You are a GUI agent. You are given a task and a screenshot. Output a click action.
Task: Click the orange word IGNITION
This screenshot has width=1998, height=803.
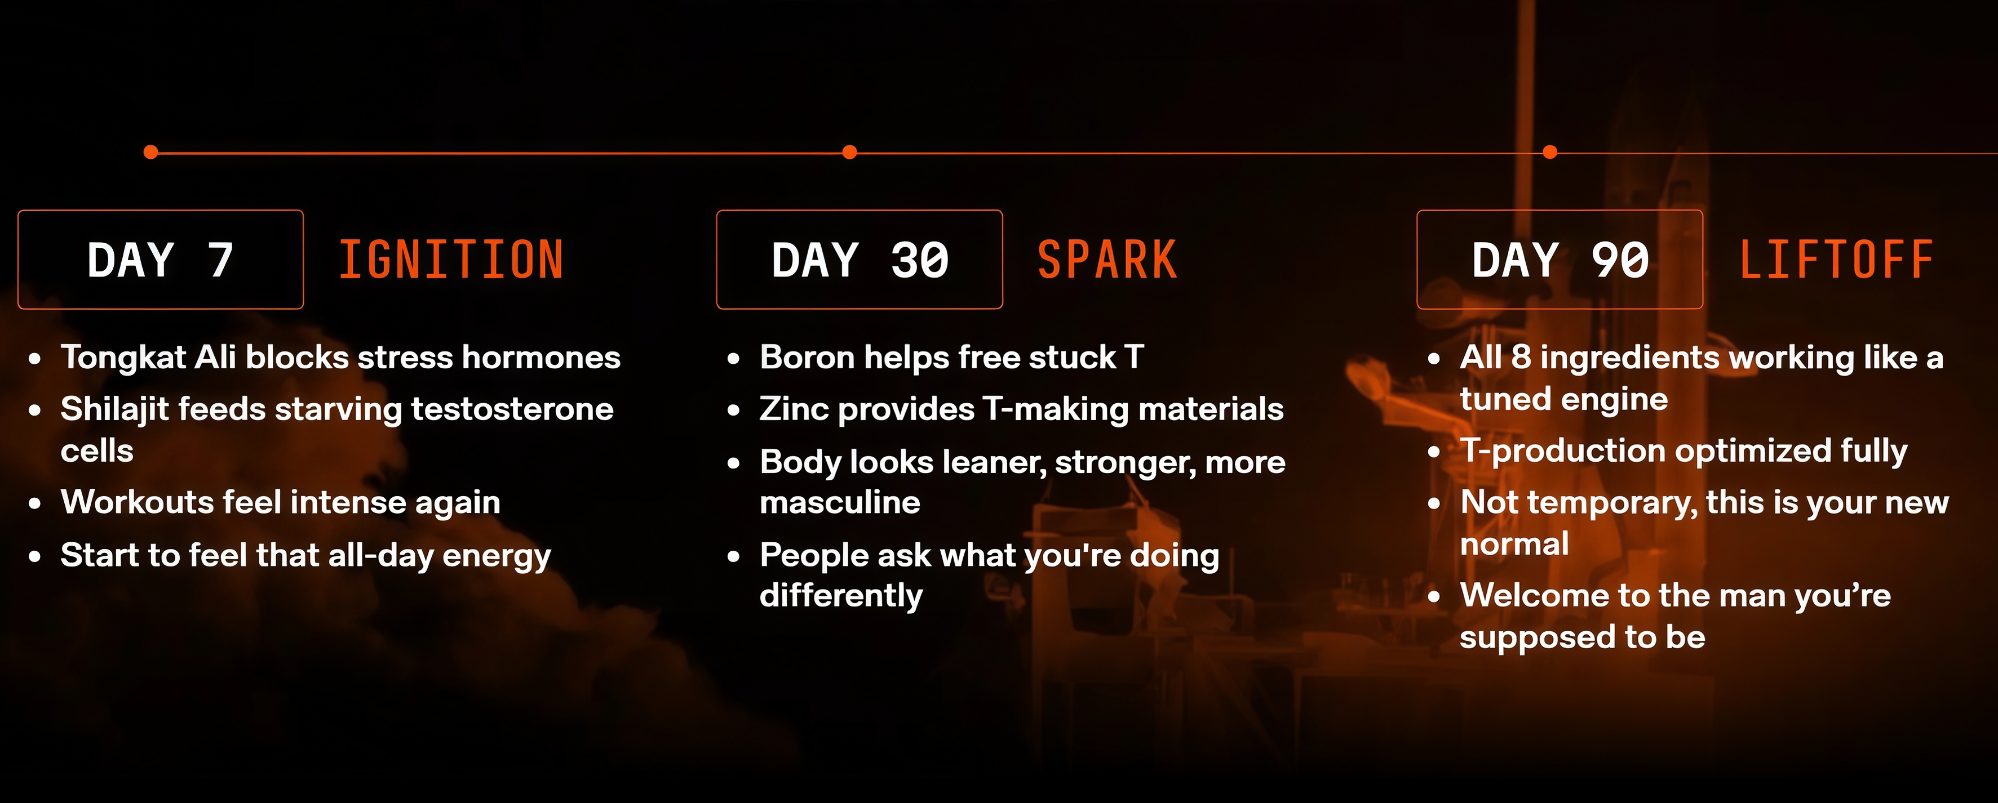[x=451, y=260]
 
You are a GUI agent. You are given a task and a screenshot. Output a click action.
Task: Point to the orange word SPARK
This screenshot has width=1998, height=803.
[x=1107, y=260]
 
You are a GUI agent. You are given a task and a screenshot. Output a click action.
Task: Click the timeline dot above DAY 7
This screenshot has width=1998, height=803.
[x=151, y=152]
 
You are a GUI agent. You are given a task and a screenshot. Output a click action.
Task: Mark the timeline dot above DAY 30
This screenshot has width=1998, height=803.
[x=850, y=152]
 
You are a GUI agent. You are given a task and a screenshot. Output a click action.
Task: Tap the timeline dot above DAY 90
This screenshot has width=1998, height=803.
[x=1550, y=152]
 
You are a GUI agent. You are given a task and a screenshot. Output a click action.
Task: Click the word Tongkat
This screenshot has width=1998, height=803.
[x=123, y=359]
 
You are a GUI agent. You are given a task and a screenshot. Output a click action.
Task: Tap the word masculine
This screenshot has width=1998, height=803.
[x=840, y=503]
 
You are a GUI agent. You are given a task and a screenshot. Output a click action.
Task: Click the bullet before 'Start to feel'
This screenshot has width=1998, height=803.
[x=35, y=556]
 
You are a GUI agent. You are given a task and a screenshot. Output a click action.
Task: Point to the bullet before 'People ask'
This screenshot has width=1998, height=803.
[x=734, y=556]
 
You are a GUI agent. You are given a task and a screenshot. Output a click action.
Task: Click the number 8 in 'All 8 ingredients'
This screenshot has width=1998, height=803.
[x=1521, y=358]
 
